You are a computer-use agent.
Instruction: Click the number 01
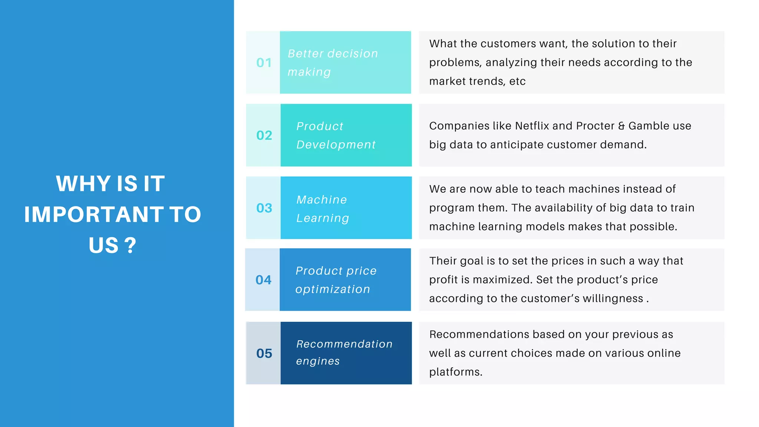click(264, 63)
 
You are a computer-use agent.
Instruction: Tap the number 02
click(264, 135)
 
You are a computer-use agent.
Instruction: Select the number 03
click(264, 208)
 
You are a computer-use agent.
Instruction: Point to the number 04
click(263, 280)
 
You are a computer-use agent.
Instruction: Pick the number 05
click(264, 353)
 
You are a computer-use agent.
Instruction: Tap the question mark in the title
click(130, 245)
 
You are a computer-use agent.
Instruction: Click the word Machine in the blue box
click(322, 200)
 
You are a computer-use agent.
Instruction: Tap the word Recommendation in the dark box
click(344, 344)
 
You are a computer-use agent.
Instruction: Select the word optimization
click(333, 289)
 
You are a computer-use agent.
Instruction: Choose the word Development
click(336, 145)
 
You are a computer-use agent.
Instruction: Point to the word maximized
click(503, 280)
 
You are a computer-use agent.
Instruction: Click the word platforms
click(455, 372)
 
